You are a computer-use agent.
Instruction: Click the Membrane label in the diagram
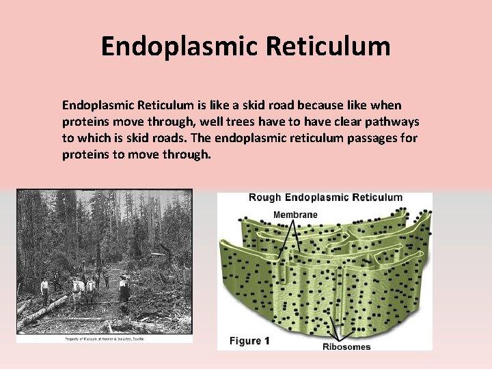pos(295,215)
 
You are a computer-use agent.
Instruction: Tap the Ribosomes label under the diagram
pos(346,346)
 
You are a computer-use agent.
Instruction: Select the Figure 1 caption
pos(249,341)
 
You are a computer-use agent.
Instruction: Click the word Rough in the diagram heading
pos(264,198)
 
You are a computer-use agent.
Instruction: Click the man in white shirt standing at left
pos(45,290)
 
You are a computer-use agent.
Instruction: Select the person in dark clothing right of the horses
pos(124,290)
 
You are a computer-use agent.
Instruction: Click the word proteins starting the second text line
pos(86,122)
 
